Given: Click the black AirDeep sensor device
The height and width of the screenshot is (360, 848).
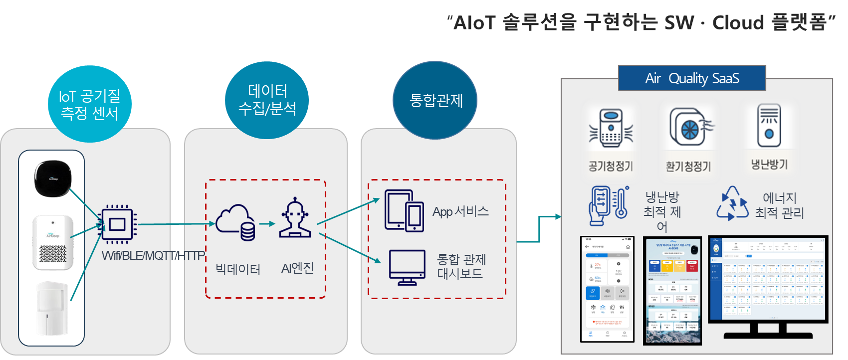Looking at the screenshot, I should (53, 178).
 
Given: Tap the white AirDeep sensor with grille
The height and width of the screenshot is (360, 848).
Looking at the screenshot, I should (53, 242).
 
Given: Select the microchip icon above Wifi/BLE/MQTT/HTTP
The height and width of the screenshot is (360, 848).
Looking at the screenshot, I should (117, 224).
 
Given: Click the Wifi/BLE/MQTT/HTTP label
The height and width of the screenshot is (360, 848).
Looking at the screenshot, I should (153, 256).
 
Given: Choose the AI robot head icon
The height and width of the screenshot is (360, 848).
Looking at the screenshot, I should (295, 218).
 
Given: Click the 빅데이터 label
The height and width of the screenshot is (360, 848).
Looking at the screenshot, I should (238, 270).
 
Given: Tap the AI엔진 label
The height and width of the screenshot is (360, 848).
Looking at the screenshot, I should (298, 268).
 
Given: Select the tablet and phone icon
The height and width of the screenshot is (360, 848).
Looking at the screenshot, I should (404, 210).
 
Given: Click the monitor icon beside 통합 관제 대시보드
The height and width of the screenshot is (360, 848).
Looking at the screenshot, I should (407, 267).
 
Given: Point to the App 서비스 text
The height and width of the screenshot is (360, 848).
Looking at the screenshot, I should (460, 211).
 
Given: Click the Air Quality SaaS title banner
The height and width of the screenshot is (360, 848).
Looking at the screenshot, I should (692, 78).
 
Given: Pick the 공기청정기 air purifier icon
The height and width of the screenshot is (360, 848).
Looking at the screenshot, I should (611, 129).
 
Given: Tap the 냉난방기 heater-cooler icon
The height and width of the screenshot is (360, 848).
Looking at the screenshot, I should (769, 126).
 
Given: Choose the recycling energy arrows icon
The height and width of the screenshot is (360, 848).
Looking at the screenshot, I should (732, 204).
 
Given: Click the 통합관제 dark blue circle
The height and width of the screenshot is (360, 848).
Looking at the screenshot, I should (435, 100).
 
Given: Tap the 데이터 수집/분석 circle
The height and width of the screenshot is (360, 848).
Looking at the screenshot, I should (267, 100).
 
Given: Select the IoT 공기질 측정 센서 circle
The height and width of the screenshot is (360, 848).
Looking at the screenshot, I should (90, 104).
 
